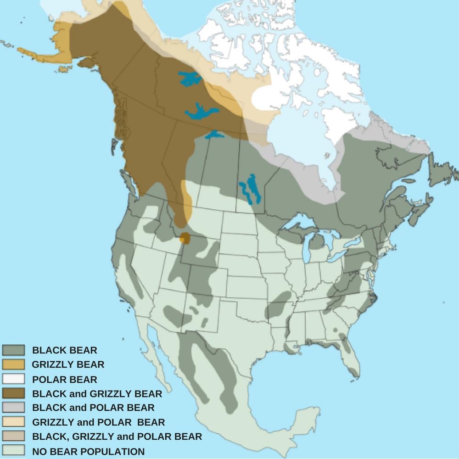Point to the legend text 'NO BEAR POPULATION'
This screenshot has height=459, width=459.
[88, 451]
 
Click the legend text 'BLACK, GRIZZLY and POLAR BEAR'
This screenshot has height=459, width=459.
[117, 437]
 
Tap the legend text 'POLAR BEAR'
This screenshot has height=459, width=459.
[64, 380]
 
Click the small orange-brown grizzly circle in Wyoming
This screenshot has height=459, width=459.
[185, 238]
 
